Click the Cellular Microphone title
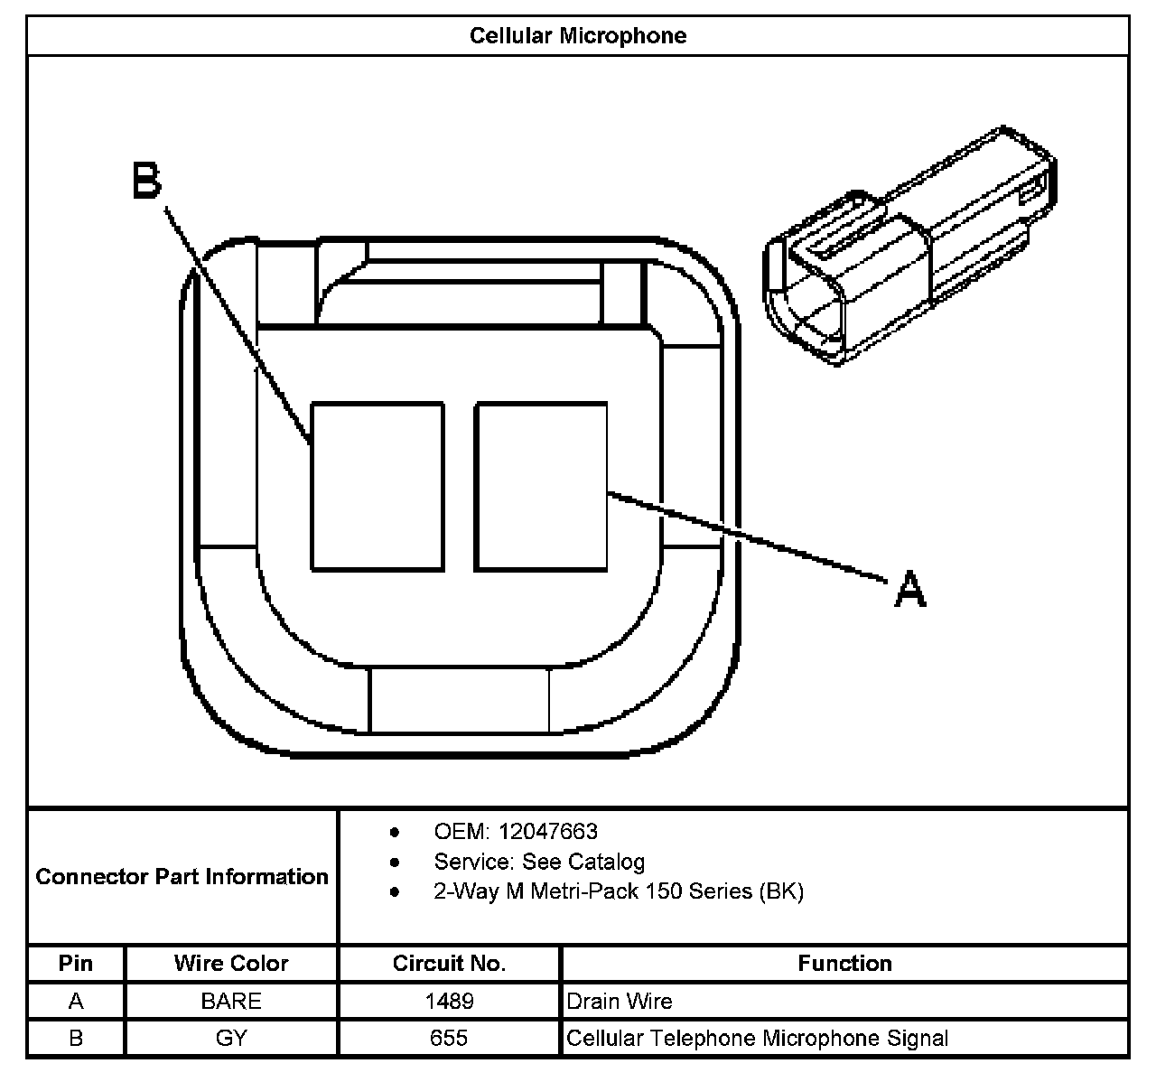click(578, 36)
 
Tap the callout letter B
click(146, 181)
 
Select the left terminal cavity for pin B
click(378, 487)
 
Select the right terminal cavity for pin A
click(541, 487)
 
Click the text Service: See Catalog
click(539, 861)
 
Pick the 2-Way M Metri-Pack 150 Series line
click(618, 891)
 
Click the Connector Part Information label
click(182, 876)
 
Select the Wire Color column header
click(231, 964)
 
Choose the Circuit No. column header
click(449, 964)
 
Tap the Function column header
click(844, 964)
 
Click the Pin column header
click(76, 964)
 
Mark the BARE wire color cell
click(231, 1001)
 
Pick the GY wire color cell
click(231, 1039)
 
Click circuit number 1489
click(449, 1001)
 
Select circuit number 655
click(449, 1039)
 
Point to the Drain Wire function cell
click(620, 1001)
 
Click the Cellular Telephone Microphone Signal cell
click(757, 1039)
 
